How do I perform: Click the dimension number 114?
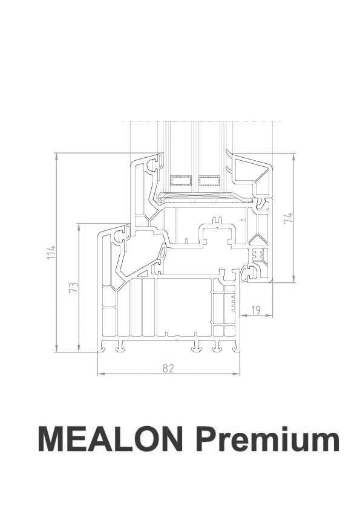click(x=52, y=252)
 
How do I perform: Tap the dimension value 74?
click(x=289, y=218)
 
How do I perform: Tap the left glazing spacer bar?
click(x=180, y=180)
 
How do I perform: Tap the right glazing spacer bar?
click(x=208, y=180)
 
